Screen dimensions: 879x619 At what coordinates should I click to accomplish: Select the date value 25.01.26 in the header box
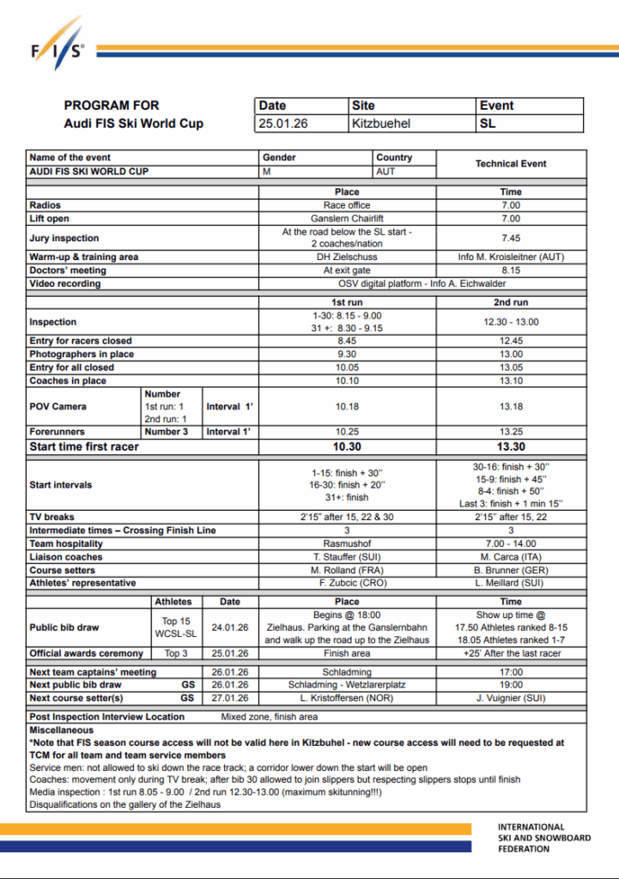pyautogui.click(x=283, y=124)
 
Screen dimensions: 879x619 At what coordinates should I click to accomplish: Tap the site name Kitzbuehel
pyautogui.click(x=381, y=124)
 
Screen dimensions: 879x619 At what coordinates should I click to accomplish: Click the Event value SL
pyautogui.click(x=489, y=124)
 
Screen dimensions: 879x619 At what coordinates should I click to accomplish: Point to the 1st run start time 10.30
pyautogui.click(x=347, y=446)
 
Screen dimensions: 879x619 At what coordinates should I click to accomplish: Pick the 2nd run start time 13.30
pyautogui.click(x=511, y=446)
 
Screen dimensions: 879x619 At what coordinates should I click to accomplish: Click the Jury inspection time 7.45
pyautogui.click(x=511, y=238)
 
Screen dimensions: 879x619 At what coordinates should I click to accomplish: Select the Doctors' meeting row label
pyautogui.click(x=68, y=270)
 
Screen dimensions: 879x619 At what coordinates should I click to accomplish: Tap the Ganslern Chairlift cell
pyautogui.click(x=347, y=219)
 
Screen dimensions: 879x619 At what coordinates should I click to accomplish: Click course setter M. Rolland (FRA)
pyautogui.click(x=347, y=570)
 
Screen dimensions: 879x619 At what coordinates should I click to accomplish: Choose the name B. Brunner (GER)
pyautogui.click(x=511, y=570)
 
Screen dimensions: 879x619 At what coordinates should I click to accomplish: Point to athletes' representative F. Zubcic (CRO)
pyautogui.click(x=347, y=583)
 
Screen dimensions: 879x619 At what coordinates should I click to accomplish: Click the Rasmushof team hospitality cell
pyautogui.click(x=347, y=543)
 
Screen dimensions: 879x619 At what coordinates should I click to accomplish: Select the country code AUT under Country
pyautogui.click(x=386, y=172)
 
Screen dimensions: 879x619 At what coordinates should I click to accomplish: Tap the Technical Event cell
pyautogui.click(x=511, y=163)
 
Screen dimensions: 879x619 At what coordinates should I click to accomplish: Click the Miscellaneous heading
pyautogui.click(x=62, y=730)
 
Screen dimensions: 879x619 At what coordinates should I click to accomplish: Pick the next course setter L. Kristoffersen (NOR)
pyautogui.click(x=347, y=698)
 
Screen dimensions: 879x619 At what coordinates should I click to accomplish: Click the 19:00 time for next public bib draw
pyautogui.click(x=511, y=685)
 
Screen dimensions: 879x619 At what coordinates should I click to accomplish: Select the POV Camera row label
pyautogui.click(x=58, y=406)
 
